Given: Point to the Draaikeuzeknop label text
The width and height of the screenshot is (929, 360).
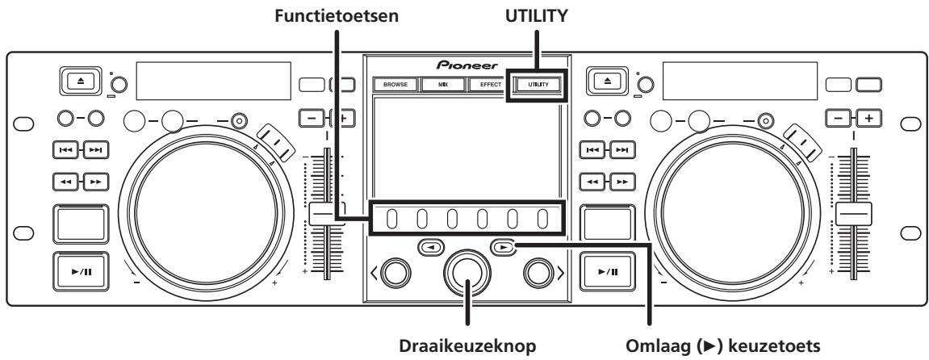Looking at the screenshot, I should [463, 345].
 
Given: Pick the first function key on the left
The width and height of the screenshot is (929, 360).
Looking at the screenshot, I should [391, 219].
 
